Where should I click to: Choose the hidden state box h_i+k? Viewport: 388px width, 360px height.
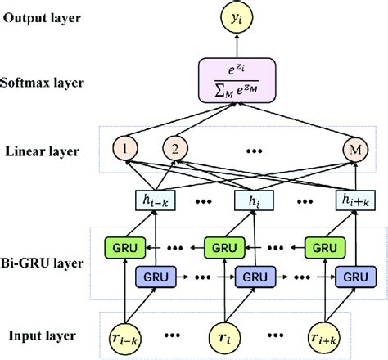click(x=356, y=198)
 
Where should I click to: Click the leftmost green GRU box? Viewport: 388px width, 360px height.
click(x=120, y=245)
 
